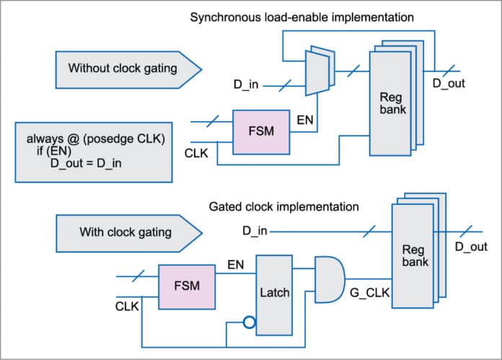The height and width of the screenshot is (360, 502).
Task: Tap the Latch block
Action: pos(274,292)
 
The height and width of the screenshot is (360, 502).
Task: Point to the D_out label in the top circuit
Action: pos(448,83)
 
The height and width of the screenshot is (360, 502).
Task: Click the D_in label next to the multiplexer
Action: pos(245,87)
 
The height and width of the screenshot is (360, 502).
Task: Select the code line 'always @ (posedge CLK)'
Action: pos(97,139)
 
